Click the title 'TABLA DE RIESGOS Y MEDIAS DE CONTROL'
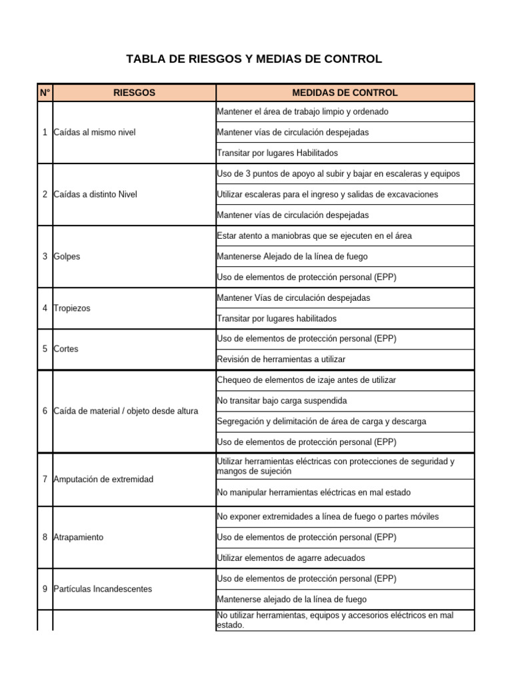point(254,59)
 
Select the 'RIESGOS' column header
point(134,93)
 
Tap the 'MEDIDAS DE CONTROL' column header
point(345,93)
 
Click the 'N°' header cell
point(45,93)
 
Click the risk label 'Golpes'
point(67,257)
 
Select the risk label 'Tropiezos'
point(71,308)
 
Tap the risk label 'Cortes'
point(65,349)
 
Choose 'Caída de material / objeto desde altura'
point(125,411)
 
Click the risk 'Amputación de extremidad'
point(103,480)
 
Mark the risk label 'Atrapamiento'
point(78,538)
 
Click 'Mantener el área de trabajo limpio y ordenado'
point(303,112)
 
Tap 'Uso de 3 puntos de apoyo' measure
point(338,174)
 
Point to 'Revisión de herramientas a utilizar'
point(281,360)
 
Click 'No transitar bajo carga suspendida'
point(282,401)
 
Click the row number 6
point(45,411)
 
